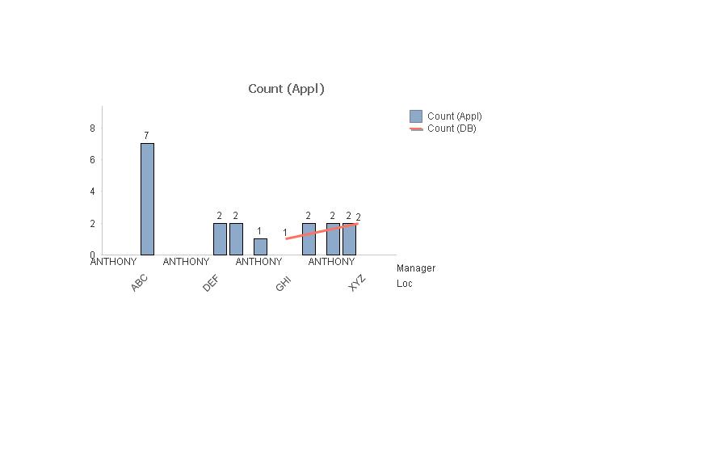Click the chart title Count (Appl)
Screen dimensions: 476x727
[286, 89]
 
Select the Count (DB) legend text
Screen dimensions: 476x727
[452, 128]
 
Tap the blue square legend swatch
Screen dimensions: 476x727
[416, 116]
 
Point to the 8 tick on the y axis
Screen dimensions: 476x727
[93, 128]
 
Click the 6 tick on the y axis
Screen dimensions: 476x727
[93, 160]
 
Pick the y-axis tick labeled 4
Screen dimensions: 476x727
[93, 192]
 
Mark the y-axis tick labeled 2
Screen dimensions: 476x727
[93, 224]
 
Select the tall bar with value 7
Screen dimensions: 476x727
[147, 199]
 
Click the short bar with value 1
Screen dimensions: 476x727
[260, 246]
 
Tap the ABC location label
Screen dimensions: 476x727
[139, 283]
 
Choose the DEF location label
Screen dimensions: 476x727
[211, 284]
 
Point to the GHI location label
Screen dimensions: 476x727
[284, 284]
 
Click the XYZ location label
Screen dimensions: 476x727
[357, 283]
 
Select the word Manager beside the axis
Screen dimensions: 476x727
[416, 268]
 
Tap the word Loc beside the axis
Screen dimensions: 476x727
[405, 284]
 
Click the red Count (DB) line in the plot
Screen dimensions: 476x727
[321, 231]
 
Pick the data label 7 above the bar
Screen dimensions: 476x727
[146, 136]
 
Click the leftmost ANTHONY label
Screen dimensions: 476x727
[114, 262]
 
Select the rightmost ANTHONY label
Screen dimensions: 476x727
[331, 262]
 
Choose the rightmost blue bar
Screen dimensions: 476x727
[349, 239]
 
